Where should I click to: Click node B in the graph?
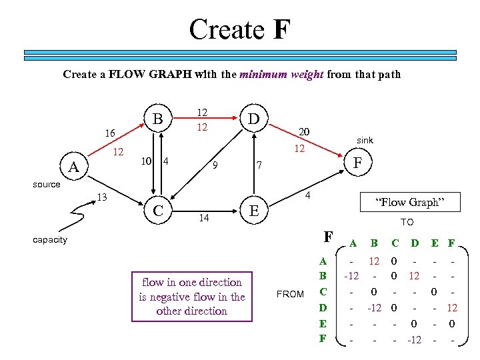tap(159, 119)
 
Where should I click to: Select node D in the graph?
tap(253, 119)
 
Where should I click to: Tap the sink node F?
tap(358, 161)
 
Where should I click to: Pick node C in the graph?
tap(159, 211)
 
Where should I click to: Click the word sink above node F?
tap(365, 141)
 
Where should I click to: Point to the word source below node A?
tap(47, 184)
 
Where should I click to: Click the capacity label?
tap(50, 240)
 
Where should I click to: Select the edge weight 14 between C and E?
tap(204, 218)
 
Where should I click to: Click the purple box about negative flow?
tap(192, 297)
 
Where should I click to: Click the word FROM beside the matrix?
tap(290, 294)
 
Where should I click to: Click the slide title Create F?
tap(239, 29)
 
